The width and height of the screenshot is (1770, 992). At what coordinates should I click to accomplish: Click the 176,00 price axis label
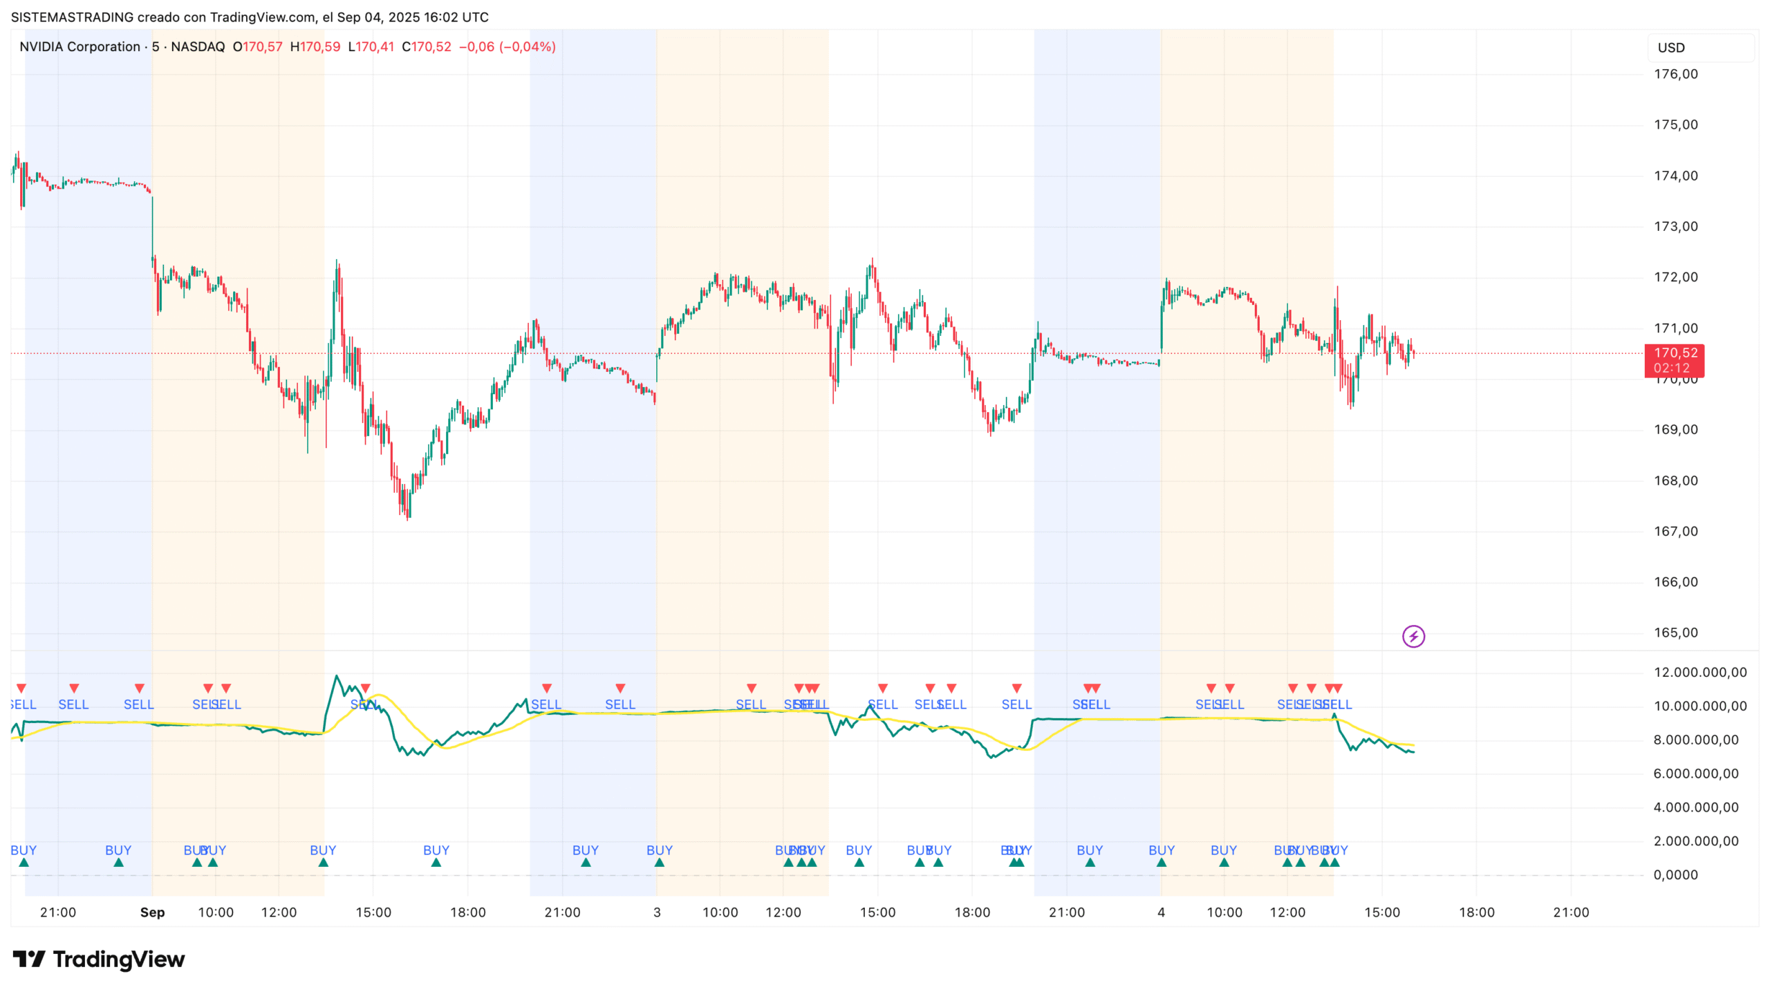[x=1675, y=74]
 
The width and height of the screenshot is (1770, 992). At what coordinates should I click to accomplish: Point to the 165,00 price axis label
[x=1675, y=633]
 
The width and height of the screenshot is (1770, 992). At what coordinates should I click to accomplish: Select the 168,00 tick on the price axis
[x=1675, y=480]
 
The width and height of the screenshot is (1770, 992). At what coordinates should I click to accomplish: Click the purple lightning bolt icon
[x=1413, y=636]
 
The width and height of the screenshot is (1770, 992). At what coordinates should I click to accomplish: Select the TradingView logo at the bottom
[x=99, y=959]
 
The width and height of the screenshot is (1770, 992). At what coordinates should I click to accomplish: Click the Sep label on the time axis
[x=152, y=912]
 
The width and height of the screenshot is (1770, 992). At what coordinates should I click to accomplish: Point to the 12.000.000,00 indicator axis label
[x=1699, y=672]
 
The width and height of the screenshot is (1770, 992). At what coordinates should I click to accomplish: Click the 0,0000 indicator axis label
[x=1675, y=874]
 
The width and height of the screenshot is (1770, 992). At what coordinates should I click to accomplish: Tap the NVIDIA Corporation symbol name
[x=80, y=46]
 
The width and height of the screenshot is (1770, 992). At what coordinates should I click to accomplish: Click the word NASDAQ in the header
[x=198, y=46]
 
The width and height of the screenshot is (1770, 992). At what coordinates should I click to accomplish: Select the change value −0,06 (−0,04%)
[x=507, y=46]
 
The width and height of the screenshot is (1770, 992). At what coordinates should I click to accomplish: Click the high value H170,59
[x=315, y=46]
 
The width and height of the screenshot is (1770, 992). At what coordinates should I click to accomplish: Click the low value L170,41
[x=371, y=46]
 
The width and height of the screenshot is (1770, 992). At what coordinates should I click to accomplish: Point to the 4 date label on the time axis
[x=1161, y=912]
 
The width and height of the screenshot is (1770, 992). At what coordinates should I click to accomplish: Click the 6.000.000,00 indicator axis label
[x=1695, y=774]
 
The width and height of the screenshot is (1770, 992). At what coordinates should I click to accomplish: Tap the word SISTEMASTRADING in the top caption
[x=71, y=17]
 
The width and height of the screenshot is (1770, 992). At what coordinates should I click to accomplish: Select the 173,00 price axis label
[x=1675, y=226]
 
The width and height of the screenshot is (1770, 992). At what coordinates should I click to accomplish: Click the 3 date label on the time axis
[x=657, y=912]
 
